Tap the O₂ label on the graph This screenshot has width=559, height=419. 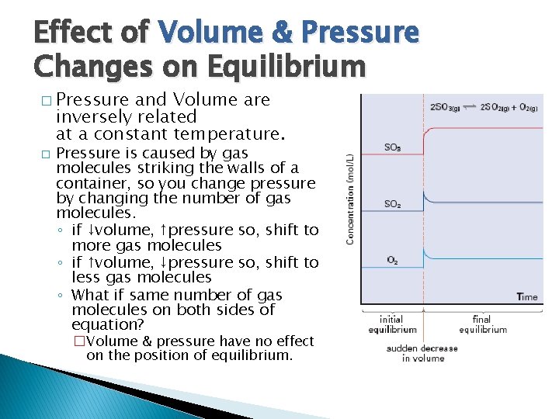tap(394, 260)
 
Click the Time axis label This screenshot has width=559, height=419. tap(527, 296)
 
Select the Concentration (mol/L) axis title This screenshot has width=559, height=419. tap(350, 198)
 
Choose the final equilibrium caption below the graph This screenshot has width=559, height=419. tap(482, 324)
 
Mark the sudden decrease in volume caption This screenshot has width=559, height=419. tap(422, 353)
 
